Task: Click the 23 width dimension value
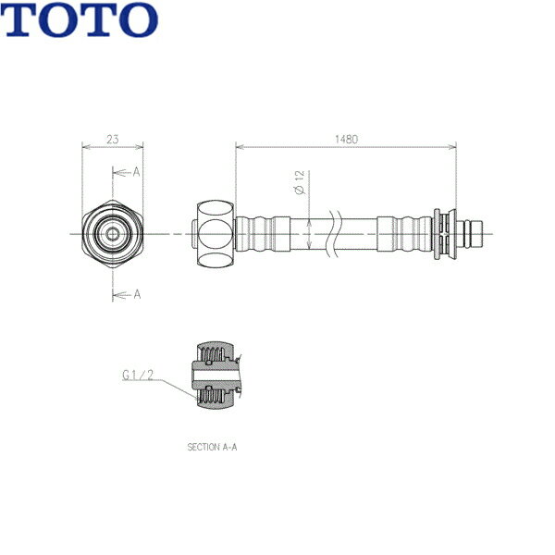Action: (x=113, y=139)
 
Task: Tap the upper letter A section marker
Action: (x=136, y=172)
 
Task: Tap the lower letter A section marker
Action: (x=136, y=294)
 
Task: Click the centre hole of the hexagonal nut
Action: (x=113, y=233)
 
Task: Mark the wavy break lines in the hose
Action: (x=339, y=232)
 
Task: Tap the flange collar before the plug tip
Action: (x=441, y=233)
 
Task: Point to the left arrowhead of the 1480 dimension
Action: (x=239, y=145)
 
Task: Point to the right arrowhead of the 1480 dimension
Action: (x=453, y=145)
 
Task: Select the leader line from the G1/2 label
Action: (x=176, y=385)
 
